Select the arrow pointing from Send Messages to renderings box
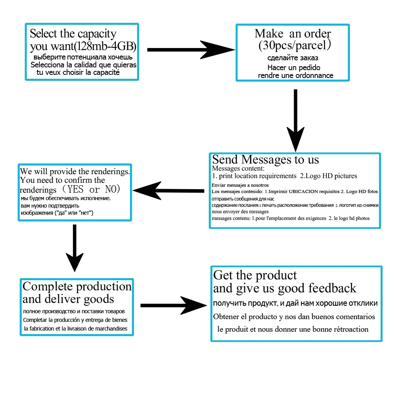169,190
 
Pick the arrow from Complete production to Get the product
173,305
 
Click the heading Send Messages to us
266,160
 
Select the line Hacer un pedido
294,67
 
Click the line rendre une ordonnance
295,75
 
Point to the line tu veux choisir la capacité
78,72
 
